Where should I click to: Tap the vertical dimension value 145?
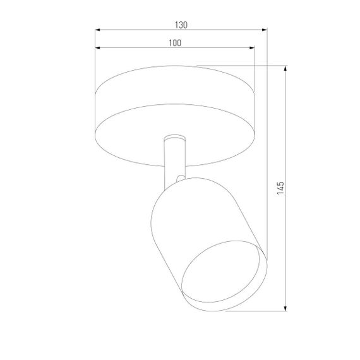pos(282,188)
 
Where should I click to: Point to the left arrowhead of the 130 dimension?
pos(97,30)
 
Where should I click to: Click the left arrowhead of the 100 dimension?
pos(97,47)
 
